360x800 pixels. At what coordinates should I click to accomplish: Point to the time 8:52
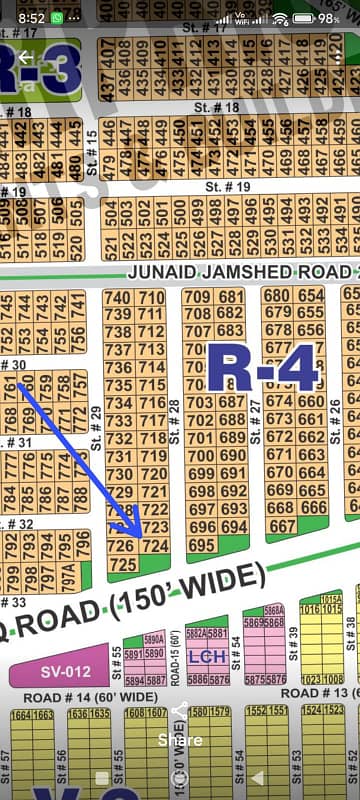point(30,18)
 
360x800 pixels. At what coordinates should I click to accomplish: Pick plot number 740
point(118,298)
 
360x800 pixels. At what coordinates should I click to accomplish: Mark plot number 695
point(201,545)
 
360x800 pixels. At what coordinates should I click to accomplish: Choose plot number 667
point(282,526)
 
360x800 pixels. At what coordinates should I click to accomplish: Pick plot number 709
point(197,297)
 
